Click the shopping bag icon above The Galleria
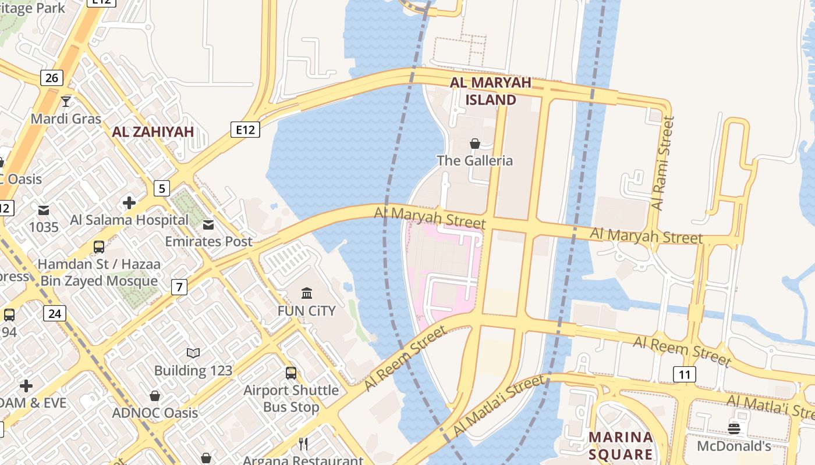point(475,144)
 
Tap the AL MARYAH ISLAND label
point(490,91)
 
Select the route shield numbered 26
point(52,77)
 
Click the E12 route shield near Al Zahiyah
point(245,129)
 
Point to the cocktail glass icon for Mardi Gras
point(66,102)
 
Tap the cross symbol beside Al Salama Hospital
point(129,203)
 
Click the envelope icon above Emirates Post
point(208,225)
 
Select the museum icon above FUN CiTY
point(306,293)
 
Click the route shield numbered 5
point(162,188)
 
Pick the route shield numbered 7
point(179,286)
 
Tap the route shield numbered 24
point(55,314)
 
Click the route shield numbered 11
point(685,374)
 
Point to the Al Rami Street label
point(663,163)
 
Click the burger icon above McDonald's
point(734,429)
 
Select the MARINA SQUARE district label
point(620,445)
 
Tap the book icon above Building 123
point(193,353)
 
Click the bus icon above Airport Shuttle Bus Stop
point(291,373)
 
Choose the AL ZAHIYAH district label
point(153,132)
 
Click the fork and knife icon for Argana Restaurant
point(303,444)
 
